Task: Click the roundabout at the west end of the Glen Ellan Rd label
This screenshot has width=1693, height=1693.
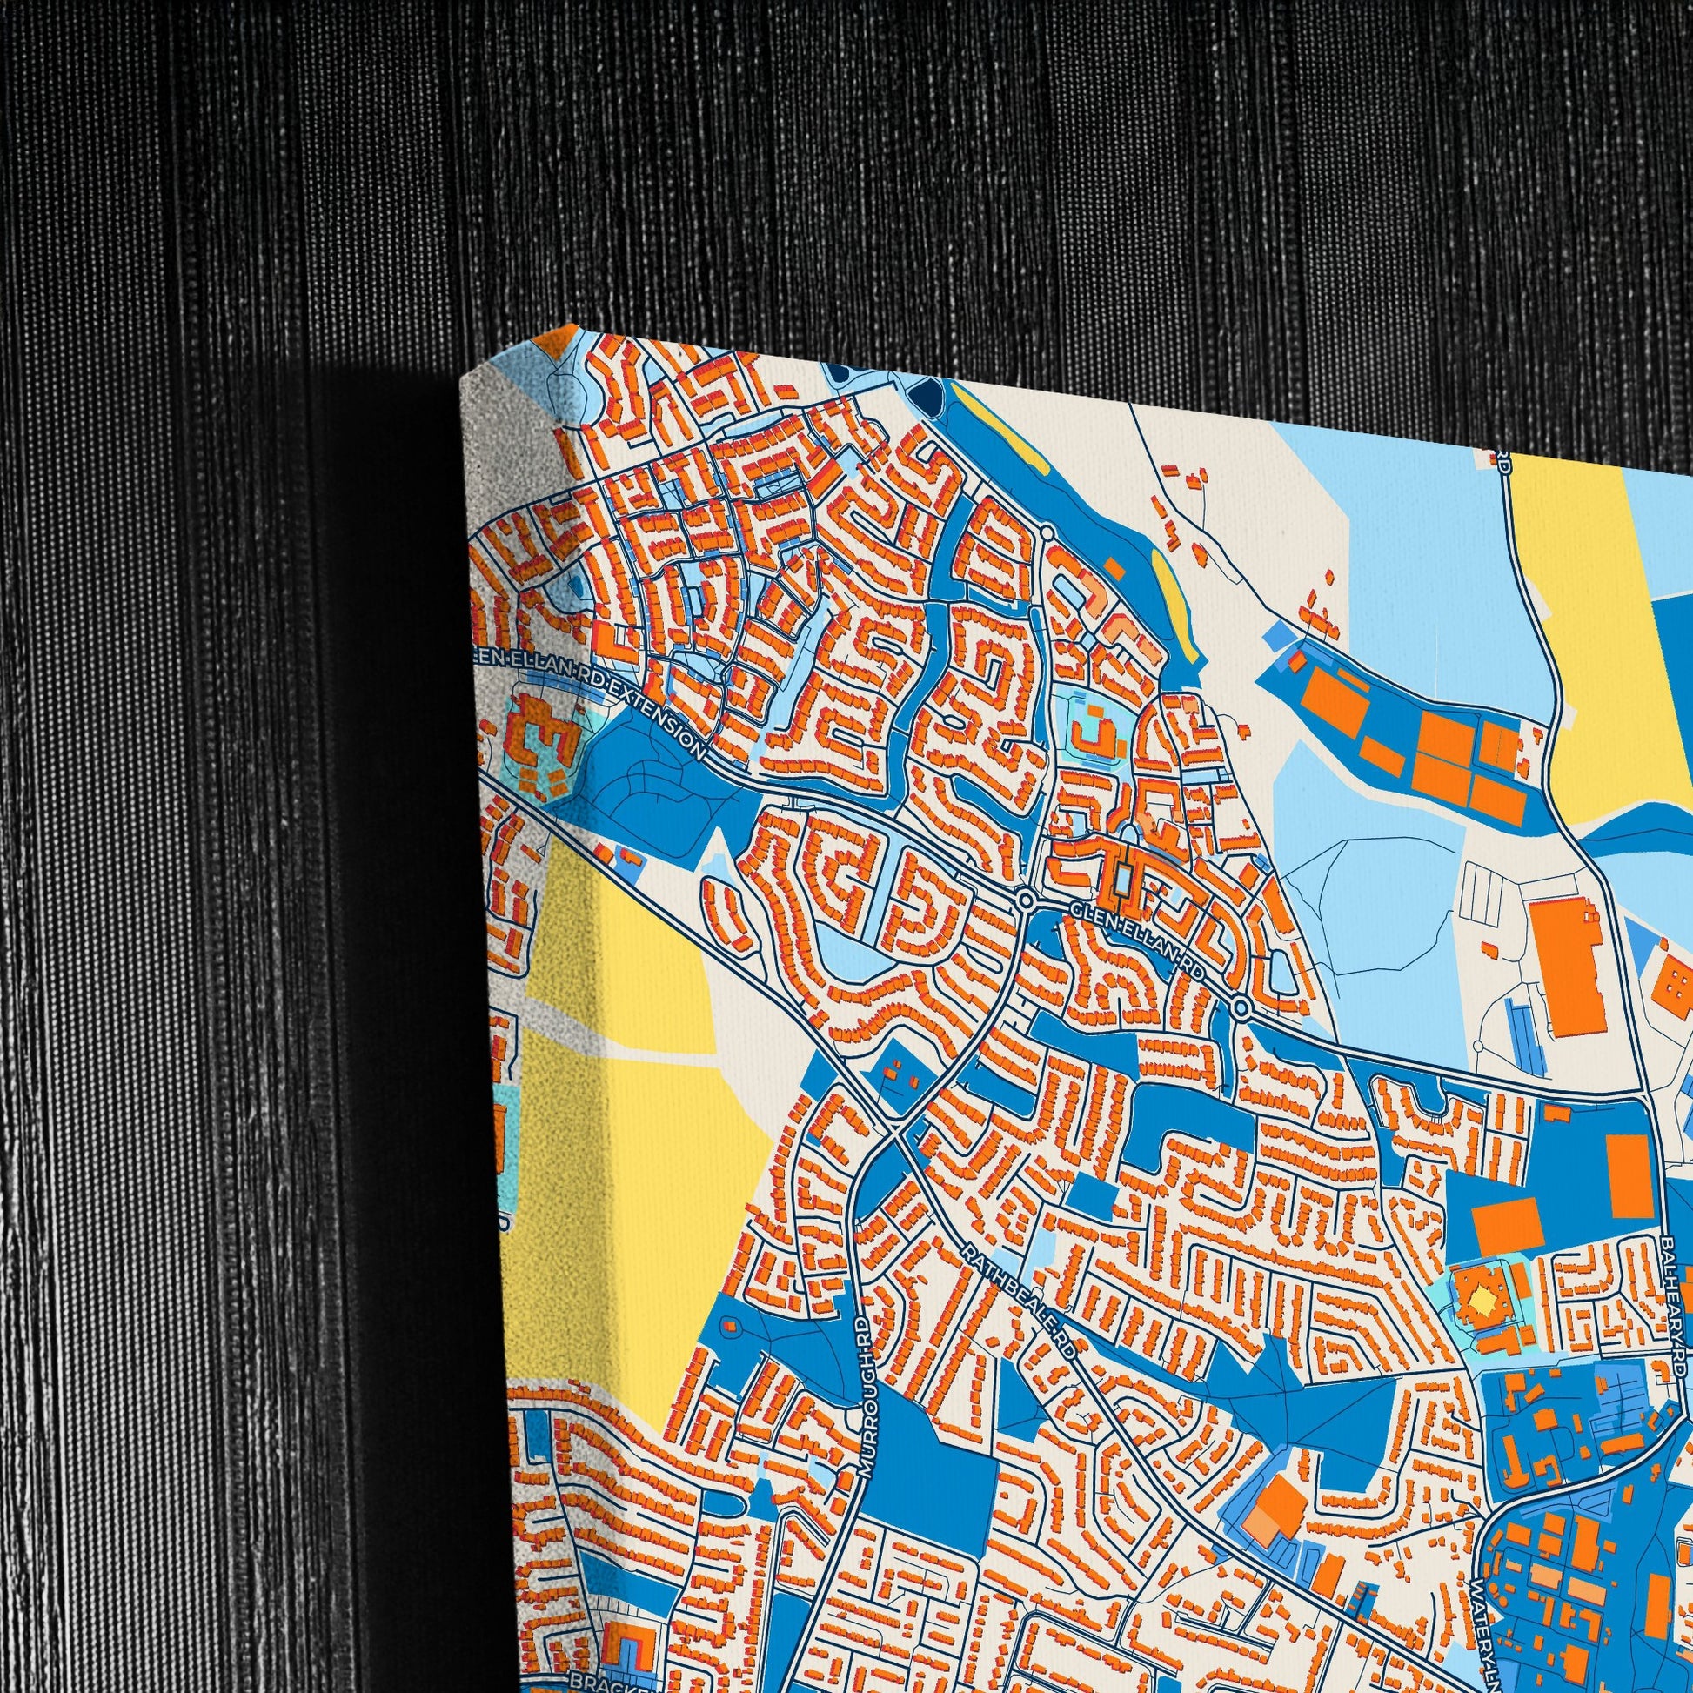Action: click(1024, 899)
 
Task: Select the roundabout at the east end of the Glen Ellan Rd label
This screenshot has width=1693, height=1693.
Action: click(1241, 1007)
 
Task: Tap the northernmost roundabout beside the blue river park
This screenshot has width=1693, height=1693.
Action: click(1047, 532)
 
